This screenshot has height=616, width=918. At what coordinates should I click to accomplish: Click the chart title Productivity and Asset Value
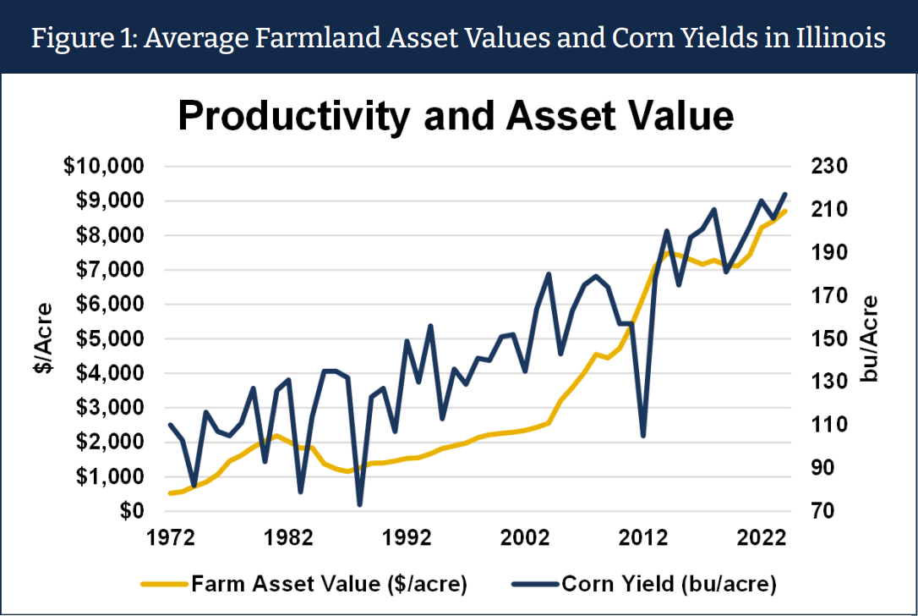(x=456, y=116)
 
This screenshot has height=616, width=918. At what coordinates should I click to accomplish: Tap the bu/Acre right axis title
(x=870, y=338)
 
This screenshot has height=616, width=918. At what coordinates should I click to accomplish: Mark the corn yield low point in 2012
(x=643, y=436)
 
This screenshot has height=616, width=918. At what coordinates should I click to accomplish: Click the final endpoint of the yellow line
(x=785, y=211)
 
